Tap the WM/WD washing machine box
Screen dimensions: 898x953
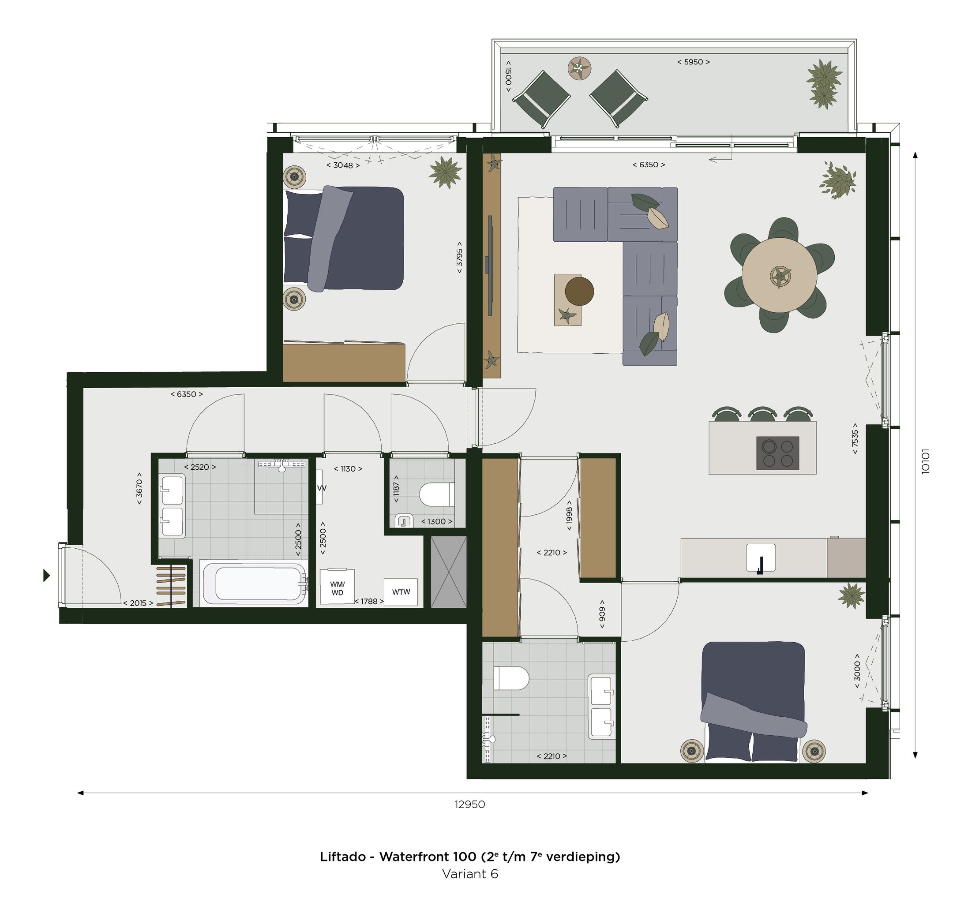[x=337, y=587]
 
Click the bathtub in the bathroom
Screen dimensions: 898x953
[x=254, y=583]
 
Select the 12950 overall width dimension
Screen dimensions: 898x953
[x=469, y=804]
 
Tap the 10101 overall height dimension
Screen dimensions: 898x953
[x=925, y=461]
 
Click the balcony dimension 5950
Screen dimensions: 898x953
[x=693, y=62]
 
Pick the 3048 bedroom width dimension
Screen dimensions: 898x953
[x=343, y=165]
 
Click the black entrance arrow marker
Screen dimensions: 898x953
[x=46, y=576]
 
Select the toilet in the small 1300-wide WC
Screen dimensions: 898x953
[x=437, y=494]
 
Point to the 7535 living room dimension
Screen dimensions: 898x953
[x=855, y=438]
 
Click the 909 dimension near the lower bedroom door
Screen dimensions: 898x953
[x=602, y=614]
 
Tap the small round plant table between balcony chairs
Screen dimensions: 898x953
[x=580, y=68]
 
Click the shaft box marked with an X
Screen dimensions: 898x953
[x=448, y=572]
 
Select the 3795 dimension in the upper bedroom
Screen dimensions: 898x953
[x=459, y=257]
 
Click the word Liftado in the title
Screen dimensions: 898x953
[x=342, y=856]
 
